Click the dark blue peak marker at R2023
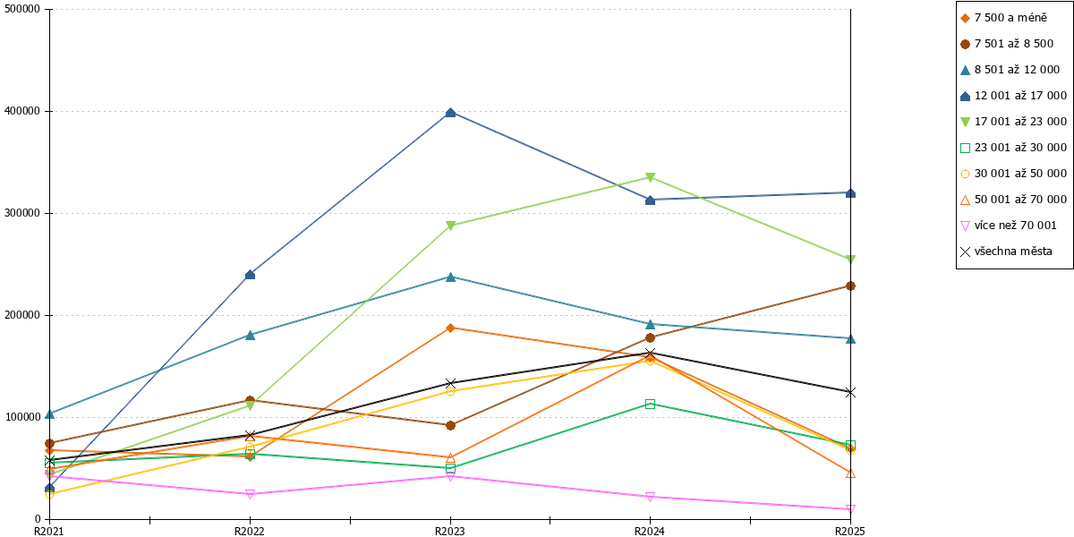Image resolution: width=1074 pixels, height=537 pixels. coord(450,113)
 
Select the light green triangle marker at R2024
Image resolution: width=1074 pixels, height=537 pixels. coord(650,177)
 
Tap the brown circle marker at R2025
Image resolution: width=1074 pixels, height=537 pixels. coord(850,286)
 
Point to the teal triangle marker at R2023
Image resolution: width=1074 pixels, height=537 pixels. coord(450,277)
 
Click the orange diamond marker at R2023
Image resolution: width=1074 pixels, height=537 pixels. coord(450,328)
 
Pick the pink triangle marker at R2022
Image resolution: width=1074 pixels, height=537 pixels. coord(250,494)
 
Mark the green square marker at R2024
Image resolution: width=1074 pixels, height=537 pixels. coord(650,405)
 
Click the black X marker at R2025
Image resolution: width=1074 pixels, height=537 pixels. coord(850,393)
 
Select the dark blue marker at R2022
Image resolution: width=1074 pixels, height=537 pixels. coord(250,275)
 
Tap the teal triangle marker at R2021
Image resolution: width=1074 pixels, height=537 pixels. coord(50,414)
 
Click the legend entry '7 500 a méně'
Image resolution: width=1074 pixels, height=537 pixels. coord(1004,18)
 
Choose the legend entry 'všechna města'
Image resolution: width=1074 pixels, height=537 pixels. coord(1006,251)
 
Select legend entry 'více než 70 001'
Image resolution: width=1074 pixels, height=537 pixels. coord(1009,226)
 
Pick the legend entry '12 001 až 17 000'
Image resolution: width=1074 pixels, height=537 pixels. coord(1013,96)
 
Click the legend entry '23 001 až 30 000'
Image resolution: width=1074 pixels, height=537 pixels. coord(1013,148)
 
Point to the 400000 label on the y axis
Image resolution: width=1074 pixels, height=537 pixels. coord(22,111)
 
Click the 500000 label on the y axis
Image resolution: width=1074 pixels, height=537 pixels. coord(22,9)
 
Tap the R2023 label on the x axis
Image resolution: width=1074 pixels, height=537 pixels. coord(449,532)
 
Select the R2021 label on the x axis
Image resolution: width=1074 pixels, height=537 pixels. coord(49,532)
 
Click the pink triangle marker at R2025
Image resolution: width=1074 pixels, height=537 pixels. coord(850,508)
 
